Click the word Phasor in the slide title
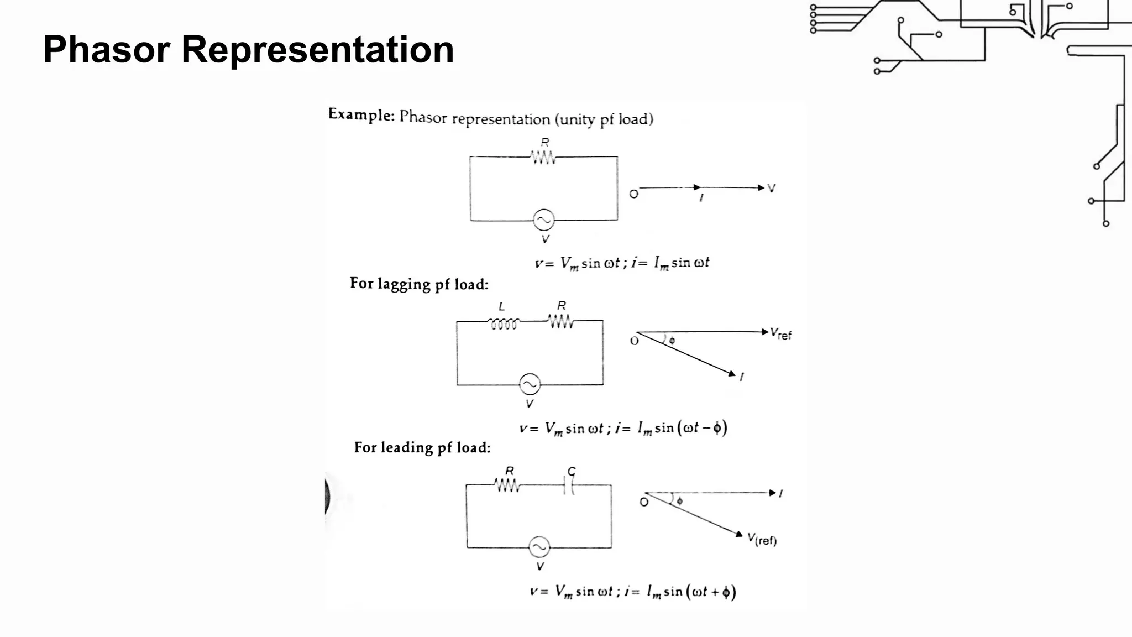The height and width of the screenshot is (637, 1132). [106, 49]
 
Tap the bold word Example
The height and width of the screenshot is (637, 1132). [360, 114]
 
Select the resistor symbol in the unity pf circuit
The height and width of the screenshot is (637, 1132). [543, 158]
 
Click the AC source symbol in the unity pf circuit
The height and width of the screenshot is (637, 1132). [543, 220]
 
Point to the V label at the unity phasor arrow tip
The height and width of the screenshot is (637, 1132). [772, 188]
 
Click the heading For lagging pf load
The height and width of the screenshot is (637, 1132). [419, 284]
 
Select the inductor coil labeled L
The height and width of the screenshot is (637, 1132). [504, 323]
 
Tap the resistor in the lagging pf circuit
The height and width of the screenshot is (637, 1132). [560, 321]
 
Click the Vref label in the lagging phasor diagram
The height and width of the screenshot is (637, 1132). [780, 333]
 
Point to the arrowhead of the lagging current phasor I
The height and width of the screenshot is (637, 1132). [732, 374]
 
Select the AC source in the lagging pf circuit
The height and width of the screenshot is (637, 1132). [530, 384]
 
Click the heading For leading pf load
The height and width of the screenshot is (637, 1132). [422, 447]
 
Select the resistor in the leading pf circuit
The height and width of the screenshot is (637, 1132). [507, 485]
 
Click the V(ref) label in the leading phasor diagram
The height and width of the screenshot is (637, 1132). [762, 539]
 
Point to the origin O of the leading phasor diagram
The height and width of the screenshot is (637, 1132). [644, 502]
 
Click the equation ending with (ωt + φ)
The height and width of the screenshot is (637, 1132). [632, 592]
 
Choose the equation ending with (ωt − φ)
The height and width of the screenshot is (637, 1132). [623, 428]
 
